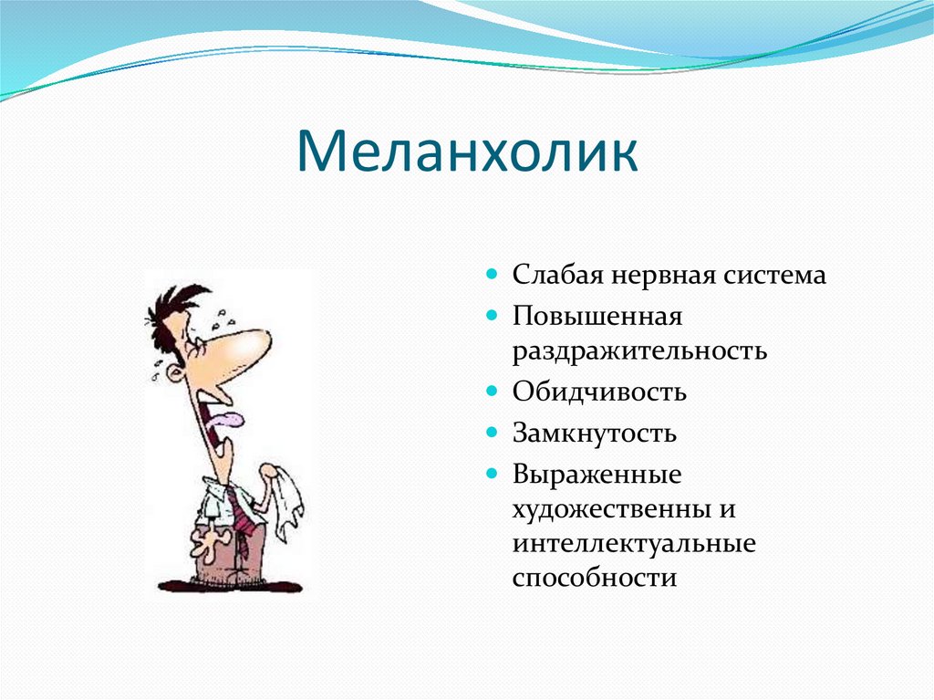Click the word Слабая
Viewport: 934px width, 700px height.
(x=557, y=276)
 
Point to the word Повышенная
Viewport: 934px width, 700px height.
(x=597, y=316)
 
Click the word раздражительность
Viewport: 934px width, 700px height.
(x=639, y=351)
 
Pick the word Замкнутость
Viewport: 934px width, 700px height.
(x=595, y=433)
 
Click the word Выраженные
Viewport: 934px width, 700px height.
(x=597, y=475)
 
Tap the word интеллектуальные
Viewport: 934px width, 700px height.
(x=634, y=544)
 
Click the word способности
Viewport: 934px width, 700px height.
(x=595, y=579)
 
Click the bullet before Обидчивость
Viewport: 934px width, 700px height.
(x=492, y=392)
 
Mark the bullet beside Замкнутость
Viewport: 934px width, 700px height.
(x=492, y=433)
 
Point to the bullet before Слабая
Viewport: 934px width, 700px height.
(x=492, y=275)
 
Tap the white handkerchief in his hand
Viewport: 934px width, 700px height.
(x=285, y=498)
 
